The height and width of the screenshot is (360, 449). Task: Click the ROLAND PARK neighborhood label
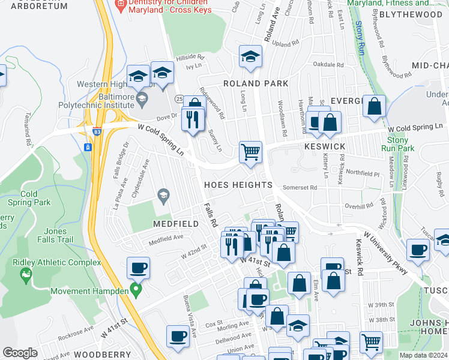click(256, 83)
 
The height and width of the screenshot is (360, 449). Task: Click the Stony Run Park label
click(397, 144)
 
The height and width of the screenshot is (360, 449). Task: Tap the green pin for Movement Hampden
click(136, 292)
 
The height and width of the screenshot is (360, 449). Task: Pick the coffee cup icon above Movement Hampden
click(138, 267)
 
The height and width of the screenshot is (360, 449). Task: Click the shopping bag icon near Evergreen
click(375, 106)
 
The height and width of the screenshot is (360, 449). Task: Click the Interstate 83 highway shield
click(88, 147)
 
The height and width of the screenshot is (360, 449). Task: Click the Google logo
click(20, 353)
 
